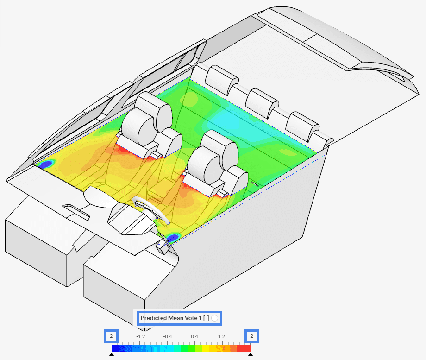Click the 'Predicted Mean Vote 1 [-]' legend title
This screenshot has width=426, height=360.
point(175,318)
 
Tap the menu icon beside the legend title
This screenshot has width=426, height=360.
point(215,318)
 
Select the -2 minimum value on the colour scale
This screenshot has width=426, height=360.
point(111,336)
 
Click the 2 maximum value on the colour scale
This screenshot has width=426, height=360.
point(252,336)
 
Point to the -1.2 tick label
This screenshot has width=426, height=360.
point(140,336)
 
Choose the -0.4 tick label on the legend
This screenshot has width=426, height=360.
point(167,336)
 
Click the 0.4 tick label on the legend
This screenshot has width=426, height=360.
point(194,336)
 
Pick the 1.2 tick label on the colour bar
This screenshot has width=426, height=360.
point(221,336)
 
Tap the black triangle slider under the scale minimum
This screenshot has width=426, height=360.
point(112,354)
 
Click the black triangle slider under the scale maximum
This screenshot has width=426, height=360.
point(251,354)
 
